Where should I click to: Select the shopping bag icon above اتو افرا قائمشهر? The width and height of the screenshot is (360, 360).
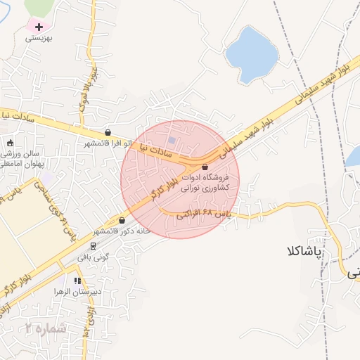(x=108, y=131)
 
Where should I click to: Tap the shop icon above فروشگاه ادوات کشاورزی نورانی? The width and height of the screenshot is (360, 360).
(x=205, y=167)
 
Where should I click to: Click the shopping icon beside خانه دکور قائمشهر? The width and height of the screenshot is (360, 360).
(x=123, y=220)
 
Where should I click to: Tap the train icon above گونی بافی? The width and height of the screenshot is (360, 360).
(x=93, y=245)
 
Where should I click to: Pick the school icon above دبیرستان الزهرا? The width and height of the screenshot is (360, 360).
(x=78, y=281)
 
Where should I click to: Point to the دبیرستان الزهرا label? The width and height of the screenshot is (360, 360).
(x=79, y=292)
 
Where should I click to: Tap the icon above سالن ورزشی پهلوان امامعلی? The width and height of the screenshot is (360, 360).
(x=9, y=144)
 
